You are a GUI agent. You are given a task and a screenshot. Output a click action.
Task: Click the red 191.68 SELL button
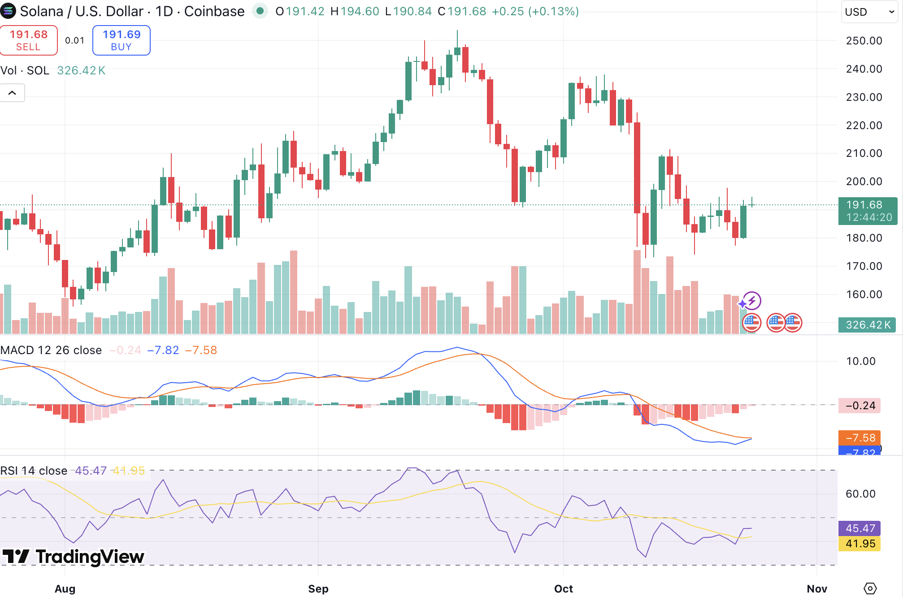pyautogui.click(x=29, y=40)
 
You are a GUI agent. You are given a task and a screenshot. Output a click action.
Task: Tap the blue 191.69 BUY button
pyautogui.click(x=121, y=40)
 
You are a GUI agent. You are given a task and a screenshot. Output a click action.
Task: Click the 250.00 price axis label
pyautogui.click(x=864, y=41)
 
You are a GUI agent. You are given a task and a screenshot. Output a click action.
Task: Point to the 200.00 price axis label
pyautogui.click(x=864, y=182)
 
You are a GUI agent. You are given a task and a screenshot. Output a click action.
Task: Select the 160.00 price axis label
pyautogui.click(x=864, y=294)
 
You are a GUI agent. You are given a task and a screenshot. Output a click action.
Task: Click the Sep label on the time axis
pyautogui.click(x=318, y=588)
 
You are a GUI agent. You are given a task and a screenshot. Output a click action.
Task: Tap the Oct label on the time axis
pyautogui.click(x=563, y=588)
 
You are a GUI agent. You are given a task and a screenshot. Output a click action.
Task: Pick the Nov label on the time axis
pyautogui.click(x=816, y=588)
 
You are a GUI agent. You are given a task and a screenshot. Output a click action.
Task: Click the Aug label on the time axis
pyautogui.click(x=65, y=588)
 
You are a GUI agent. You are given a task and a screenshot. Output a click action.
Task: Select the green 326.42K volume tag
pyautogui.click(x=867, y=325)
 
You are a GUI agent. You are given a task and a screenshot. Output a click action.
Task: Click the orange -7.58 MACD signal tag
pyautogui.click(x=860, y=437)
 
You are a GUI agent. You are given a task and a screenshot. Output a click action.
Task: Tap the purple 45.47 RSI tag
pyautogui.click(x=860, y=528)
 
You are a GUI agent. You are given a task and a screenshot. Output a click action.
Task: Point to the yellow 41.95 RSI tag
pyautogui.click(x=860, y=544)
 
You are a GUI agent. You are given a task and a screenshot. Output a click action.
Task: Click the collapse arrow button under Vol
pyautogui.click(x=12, y=93)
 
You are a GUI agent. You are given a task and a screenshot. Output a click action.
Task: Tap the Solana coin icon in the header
pyautogui.click(x=8, y=11)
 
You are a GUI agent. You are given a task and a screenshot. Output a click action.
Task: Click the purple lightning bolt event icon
pyautogui.click(x=752, y=301)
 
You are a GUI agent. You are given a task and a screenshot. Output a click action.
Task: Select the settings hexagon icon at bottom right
pyautogui.click(x=870, y=588)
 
